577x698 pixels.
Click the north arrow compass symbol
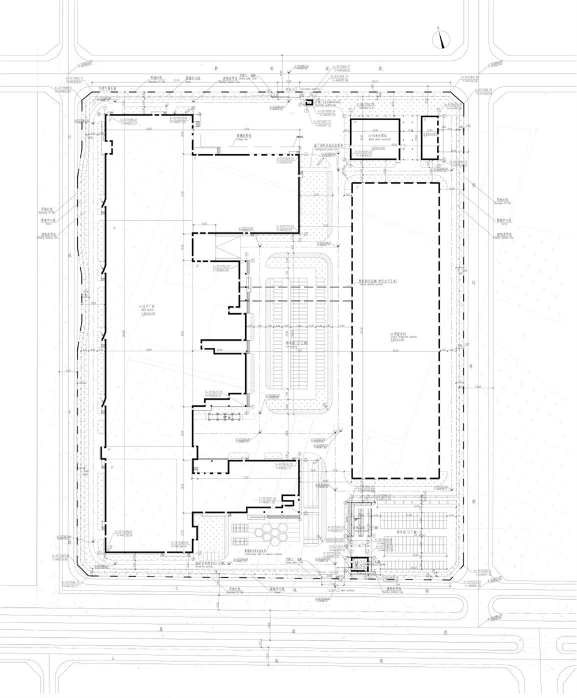(x=441, y=39)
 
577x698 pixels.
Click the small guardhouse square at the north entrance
(x=308, y=102)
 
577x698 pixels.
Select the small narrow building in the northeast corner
(x=429, y=138)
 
